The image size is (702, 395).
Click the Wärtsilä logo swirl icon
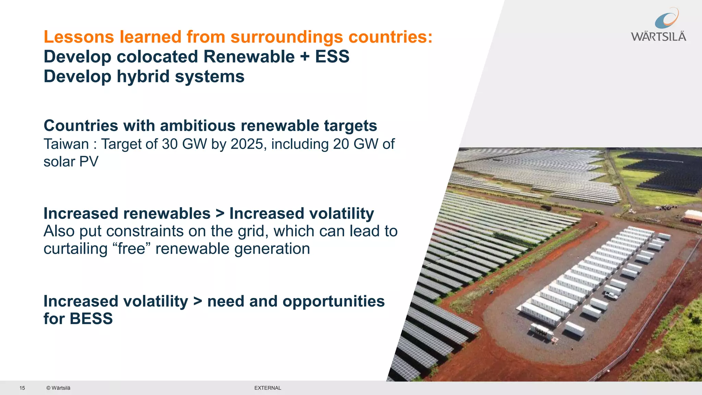point(666,19)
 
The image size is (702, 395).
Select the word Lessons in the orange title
point(79,37)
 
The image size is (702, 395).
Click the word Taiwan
point(66,144)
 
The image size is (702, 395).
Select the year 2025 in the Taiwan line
point(246,144)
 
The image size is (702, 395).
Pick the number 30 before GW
point(170,144)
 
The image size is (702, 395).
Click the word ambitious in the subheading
point(198,126)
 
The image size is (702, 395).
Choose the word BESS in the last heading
point(91,319)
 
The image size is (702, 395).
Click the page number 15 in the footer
point(22,388)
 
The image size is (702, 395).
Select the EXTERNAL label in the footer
point(268,388)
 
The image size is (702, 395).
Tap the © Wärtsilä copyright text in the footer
point(58,388)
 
